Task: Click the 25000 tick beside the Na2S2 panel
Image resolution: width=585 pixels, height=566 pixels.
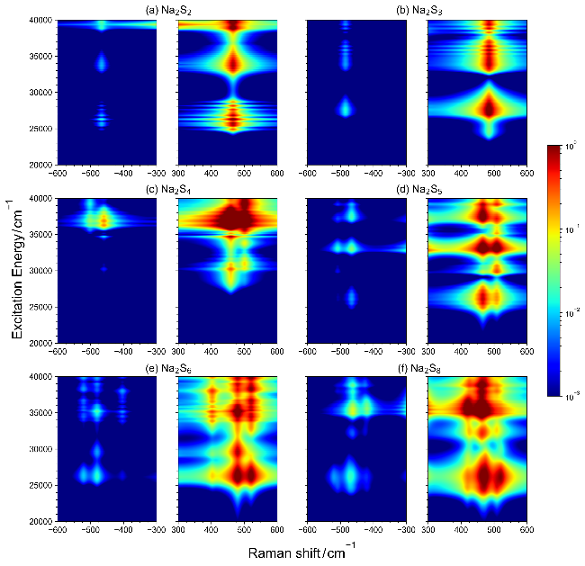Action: pos(40,129)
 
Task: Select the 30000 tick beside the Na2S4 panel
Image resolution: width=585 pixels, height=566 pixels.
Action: pos(40,271)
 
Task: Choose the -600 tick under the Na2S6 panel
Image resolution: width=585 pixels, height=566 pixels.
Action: pos(58,530)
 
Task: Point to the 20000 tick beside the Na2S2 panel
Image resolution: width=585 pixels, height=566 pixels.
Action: pos(40,166)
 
